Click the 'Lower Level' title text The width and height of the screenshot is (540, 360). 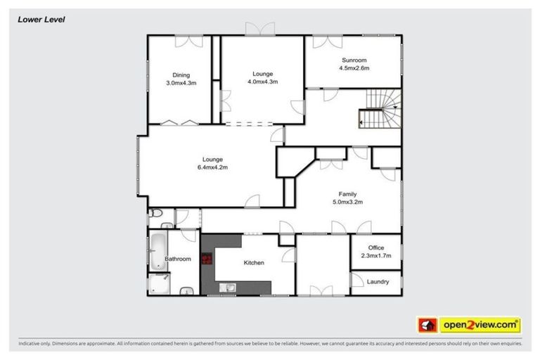(41, 20)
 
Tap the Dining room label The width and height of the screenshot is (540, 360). (181, 75)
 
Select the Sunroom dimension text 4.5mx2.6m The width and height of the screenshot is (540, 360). (354, 69)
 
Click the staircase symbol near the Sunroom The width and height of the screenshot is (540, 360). (378, 112)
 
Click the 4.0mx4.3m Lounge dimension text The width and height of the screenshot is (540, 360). (262, 82)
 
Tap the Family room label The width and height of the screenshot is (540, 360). (347, 194)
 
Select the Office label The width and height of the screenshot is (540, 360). (375, 247)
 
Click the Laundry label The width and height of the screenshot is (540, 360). (378, 281)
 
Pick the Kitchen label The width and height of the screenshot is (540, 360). (254, 263)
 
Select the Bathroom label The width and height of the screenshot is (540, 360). (178, 259)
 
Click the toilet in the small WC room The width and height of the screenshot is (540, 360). (156, 213)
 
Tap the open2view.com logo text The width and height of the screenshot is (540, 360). (480, 325)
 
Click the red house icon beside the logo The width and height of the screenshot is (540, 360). (426, 325)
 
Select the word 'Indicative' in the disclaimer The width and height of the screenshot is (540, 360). (32, 344)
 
